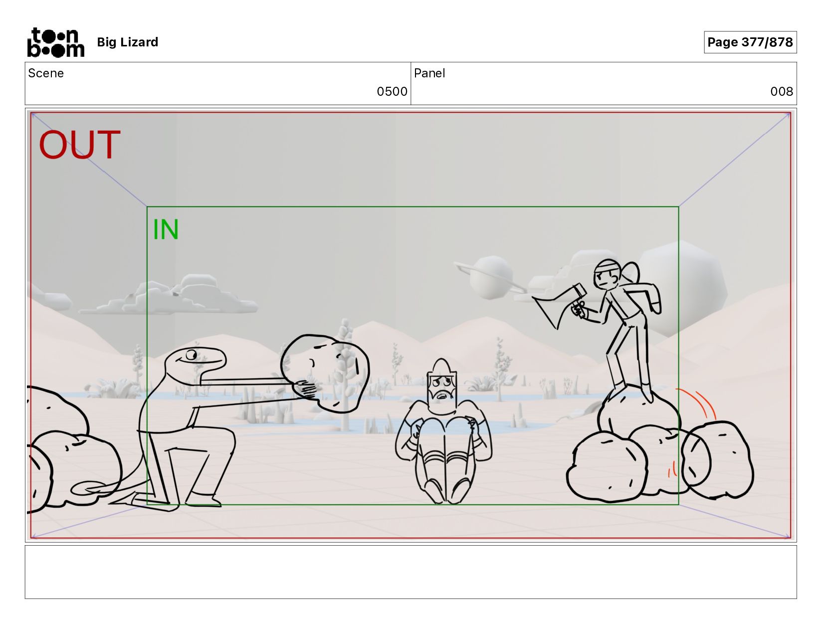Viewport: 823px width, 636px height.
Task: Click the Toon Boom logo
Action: (56, 42)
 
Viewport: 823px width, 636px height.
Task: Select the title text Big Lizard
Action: (128, 42)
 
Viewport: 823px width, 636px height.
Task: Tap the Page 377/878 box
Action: (750, 42)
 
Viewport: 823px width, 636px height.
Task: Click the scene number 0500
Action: (392, 91)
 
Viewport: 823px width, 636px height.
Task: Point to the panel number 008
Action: (782, 91)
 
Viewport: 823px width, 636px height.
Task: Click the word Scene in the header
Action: (46, 73)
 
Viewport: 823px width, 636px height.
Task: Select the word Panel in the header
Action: (429, 73)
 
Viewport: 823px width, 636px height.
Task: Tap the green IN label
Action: (166, 229)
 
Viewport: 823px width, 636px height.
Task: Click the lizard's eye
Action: (191, 355)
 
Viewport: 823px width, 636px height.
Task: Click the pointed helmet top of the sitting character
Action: (441, 366)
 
